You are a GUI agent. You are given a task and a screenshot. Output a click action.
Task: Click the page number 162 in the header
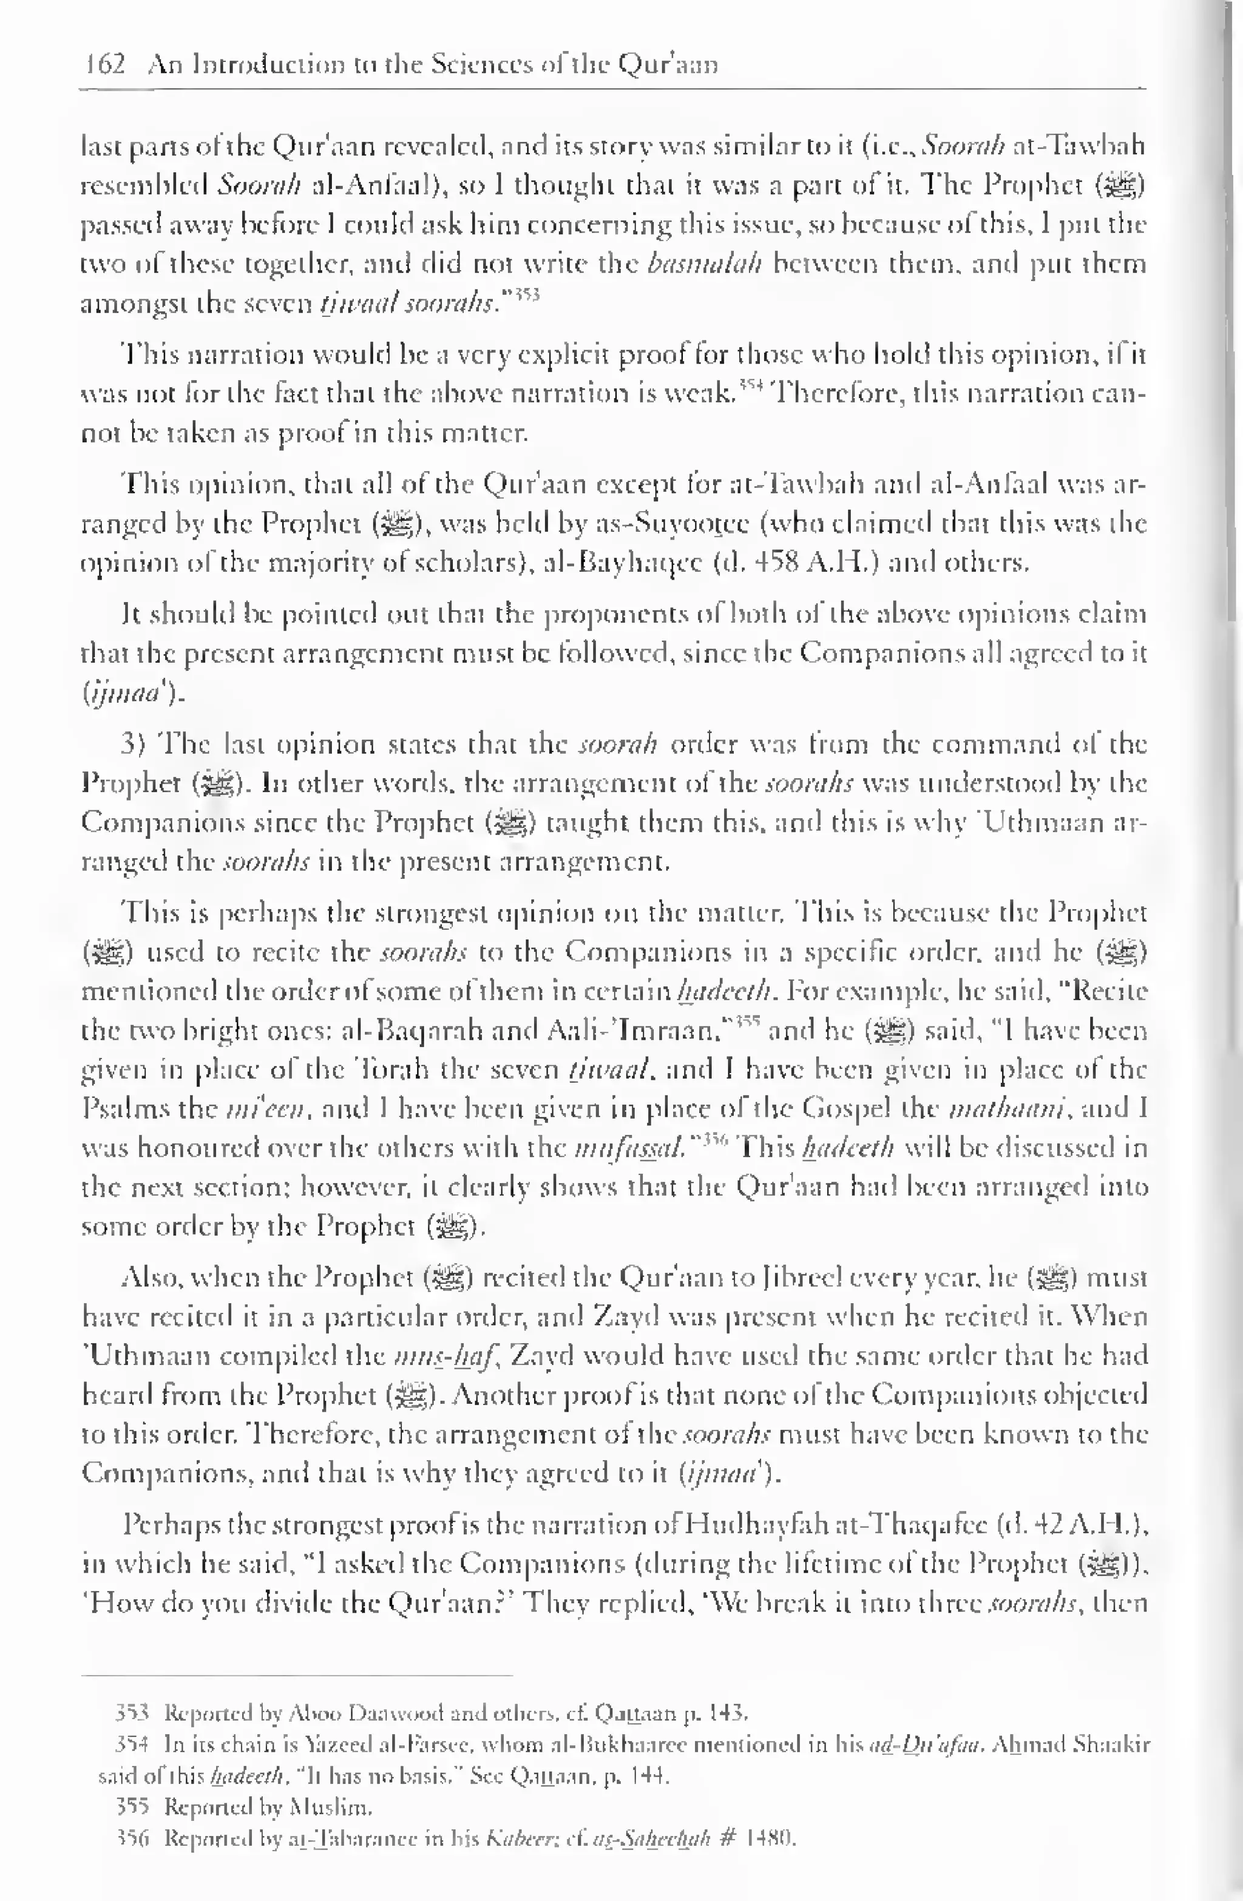click(x=106, y=63)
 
